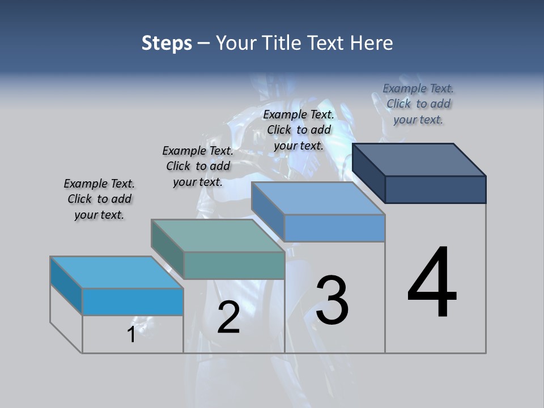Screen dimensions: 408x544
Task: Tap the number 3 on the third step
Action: [x=332, y=300]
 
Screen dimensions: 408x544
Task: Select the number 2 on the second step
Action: [x=228, y=317]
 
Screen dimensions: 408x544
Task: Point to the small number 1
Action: [x=131, y=334]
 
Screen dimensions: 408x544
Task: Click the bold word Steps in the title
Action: [x=167, y=43]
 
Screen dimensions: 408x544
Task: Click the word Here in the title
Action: [x=371, y=43]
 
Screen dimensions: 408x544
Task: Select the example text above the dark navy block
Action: [x=418, y=104]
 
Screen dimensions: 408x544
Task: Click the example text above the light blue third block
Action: [x=299, y=130]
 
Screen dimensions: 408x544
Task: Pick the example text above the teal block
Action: [x=198, y=166]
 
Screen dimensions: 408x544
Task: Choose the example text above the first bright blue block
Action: [x=99, y=199]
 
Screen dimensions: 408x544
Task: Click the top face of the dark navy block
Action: [x=419, y=159]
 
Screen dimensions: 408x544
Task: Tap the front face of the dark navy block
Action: [x=435, y=189]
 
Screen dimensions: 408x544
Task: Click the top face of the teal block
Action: [x=218, y=235]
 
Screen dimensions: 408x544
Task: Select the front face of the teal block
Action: [x=234, y=265]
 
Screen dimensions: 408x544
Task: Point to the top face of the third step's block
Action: [x=318, y=198]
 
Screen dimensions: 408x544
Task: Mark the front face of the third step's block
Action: [x=334, y=228]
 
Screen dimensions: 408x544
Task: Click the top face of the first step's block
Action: [x=116, y=272]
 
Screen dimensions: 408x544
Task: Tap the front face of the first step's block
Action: [x=133, y=301]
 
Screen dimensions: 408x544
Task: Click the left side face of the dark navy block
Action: [x=368, y=173]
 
